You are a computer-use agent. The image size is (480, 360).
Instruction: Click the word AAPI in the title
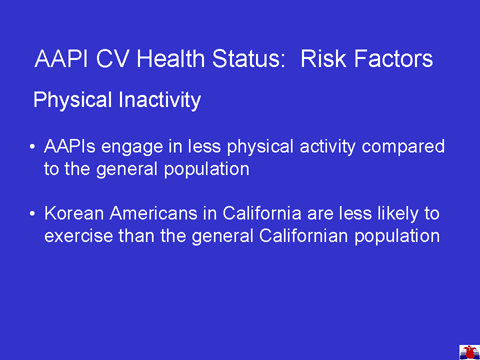click(x=61, y=59)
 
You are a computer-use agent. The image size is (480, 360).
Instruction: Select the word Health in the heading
click(x=171, y=59)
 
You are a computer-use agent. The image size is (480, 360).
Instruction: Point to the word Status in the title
click(x=249, y=59)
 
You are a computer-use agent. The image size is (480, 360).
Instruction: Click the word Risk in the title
click(x=323, y=59)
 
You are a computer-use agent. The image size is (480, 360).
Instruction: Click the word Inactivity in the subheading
click(x=160, y=100)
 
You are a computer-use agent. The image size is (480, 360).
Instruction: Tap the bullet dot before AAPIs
click(x=32, y=147)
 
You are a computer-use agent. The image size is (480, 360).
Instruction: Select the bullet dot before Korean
click(x=32, y=213)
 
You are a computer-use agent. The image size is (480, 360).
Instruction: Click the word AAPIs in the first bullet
click(x=70, y=146)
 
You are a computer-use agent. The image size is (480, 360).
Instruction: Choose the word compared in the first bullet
click(x=403, y=147)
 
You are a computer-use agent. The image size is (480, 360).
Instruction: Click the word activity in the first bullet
click(x=327, y=147)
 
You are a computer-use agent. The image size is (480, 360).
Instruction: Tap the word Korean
click(x=74, y=213)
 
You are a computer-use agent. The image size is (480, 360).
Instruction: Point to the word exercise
click(x=78, y=236)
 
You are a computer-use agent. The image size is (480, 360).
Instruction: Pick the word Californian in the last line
click(x=304, y=236)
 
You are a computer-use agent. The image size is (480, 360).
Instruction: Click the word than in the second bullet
click(x=136, y=236)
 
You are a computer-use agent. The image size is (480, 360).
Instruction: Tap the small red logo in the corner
click(x=469, y=352)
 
